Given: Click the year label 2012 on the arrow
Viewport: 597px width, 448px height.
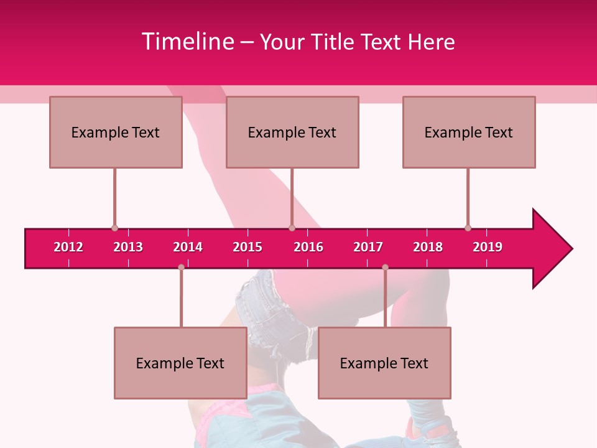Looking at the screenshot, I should click(x=68, y=247).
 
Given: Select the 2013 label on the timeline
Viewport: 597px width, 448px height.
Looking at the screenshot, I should click(x=128, y=247).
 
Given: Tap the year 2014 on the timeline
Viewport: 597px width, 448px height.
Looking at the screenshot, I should click(x=188, y=247).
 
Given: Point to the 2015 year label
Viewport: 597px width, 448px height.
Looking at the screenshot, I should click(x=248, y=247).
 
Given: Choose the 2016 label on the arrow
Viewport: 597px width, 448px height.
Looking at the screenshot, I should click(x=308, y=247).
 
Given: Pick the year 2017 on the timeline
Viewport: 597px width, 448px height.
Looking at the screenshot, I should click(x=368, y=247).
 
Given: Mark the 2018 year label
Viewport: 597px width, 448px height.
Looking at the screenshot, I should click(x=428, y=247).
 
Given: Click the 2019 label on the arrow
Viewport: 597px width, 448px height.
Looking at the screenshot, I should click(x=488, y=247).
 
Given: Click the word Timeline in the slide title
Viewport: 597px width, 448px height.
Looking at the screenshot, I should click(x=187, y=42).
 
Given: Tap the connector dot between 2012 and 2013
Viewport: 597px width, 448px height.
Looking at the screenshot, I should click(x=114, y=228).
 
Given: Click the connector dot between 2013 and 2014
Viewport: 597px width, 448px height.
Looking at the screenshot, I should click(x=181, y=267).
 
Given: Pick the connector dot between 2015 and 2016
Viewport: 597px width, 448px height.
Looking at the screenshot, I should click(x=292, y=228).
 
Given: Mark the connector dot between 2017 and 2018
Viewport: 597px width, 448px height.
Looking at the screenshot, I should click(x=385, y=267).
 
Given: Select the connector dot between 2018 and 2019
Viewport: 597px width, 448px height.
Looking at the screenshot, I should click(x=468, y=228).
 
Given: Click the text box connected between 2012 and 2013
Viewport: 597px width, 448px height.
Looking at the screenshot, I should click(x=116, y=132).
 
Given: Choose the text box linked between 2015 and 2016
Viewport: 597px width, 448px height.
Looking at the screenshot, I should click(x=292, y=132).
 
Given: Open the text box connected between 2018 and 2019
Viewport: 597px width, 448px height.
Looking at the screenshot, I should click(x=469, y=132).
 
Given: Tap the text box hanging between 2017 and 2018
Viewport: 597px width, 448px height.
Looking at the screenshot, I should click(x=384, y=363).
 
